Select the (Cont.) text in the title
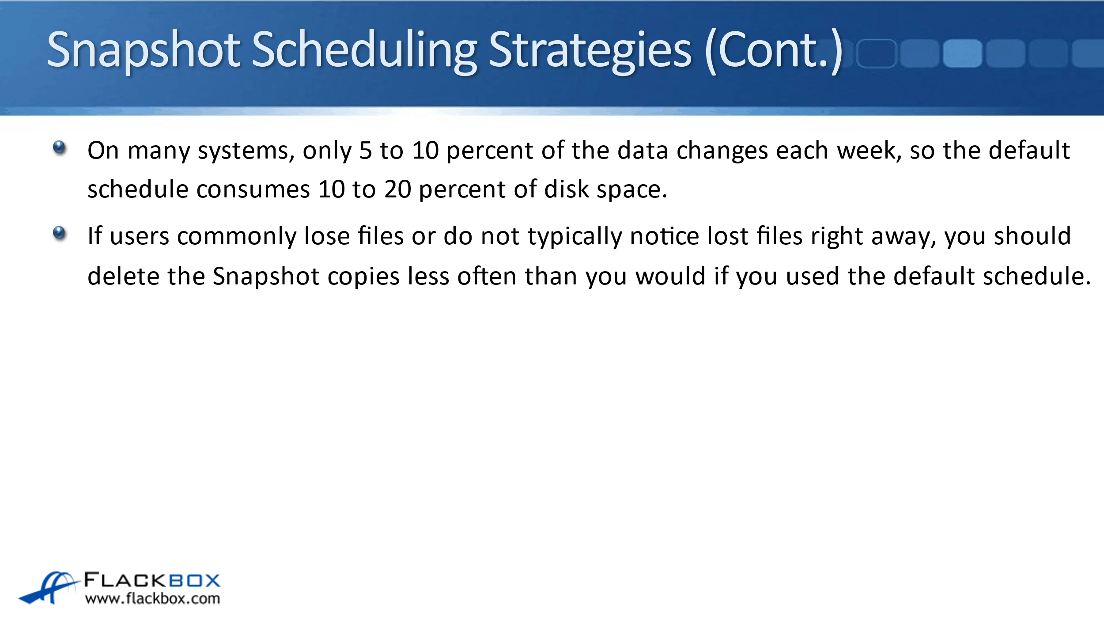pos(774,51)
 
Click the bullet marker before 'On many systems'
pos(59,148)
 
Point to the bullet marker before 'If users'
pos(59,233)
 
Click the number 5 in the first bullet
pos(366,151)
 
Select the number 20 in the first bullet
pos(397,189)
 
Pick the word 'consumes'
pos(253,189)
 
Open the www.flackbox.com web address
pos(152,598)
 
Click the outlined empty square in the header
pos(877,53)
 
